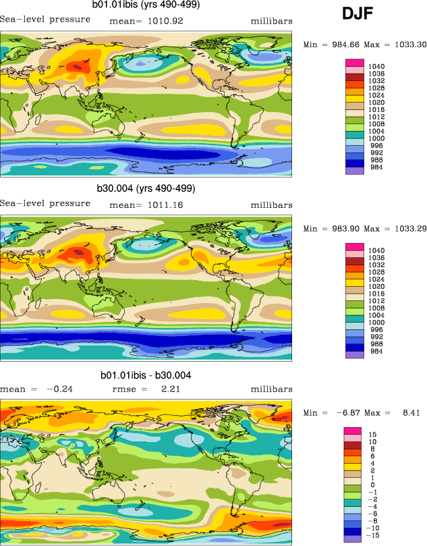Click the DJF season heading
[358, 13]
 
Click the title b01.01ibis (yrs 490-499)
[146, 5]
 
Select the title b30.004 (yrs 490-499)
[146, 188]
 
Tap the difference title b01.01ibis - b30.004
[146, 375]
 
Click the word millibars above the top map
[272, 21]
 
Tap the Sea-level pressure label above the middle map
[45, 203]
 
